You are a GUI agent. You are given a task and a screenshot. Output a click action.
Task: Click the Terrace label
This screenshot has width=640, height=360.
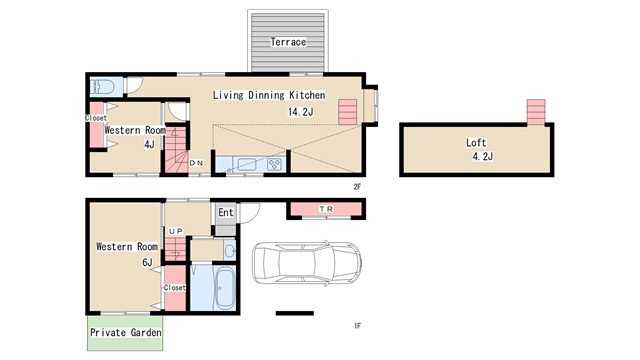[288, 42]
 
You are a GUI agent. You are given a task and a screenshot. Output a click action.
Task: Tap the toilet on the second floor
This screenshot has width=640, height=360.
[102, 87]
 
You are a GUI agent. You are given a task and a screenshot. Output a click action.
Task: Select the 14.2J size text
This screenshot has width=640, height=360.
[300, 111]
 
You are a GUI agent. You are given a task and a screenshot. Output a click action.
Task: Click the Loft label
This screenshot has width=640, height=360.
[476, 142]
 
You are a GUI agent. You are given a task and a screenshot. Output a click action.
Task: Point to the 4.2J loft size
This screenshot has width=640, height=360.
[482, 156]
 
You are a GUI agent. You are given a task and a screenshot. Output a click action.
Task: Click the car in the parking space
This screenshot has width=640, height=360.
[307, 263]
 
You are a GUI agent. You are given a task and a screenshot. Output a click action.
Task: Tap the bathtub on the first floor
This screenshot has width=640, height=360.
[224, 289]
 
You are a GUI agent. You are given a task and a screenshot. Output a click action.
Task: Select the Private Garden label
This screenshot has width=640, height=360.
[125, 333]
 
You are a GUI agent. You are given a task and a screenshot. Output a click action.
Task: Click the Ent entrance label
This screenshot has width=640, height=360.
[226, 212]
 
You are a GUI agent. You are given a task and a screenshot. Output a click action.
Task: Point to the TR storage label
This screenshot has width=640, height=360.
[326, 209]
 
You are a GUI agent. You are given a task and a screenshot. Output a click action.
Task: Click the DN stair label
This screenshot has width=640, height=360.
[196, 163]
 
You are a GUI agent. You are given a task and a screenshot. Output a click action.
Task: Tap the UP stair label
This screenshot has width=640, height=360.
[176, 231]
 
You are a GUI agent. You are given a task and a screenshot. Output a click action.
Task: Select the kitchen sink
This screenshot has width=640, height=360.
[247, 164]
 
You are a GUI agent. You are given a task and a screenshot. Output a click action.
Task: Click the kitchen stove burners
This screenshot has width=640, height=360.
[274, 164]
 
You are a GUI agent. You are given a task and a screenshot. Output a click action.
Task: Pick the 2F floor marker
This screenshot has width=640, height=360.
[357, 187]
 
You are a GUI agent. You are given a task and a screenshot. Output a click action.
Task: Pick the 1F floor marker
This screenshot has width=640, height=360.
[357, 326]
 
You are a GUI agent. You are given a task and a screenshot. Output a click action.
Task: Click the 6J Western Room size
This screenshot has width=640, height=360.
[147, 262]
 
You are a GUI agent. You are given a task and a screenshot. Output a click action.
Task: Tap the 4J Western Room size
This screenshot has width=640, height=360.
[149, 144]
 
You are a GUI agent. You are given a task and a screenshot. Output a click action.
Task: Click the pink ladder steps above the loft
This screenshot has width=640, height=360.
[536, 112]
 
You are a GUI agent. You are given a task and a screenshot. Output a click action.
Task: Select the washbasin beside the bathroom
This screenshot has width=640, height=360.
[230, 250]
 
